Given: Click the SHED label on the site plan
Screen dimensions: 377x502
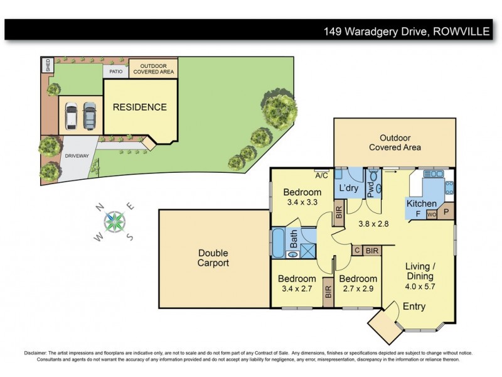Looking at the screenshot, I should click(46, 65).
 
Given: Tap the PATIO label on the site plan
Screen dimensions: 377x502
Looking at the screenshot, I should click(115, 72).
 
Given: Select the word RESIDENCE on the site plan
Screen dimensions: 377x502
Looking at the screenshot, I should click(139, 107).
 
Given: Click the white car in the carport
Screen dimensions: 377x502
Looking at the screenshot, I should click(72, 115).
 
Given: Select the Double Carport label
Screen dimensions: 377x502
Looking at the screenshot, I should click(213, 258).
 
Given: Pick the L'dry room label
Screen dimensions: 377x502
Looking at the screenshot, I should click(348, 188).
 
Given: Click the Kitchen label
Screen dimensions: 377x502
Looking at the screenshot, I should click(421, 204).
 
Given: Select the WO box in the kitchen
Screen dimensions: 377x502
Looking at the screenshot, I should click(431, 215).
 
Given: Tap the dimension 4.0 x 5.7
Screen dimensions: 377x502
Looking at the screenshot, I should click(420, 285).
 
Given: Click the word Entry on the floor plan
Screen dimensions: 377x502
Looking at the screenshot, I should click(414, 307).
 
